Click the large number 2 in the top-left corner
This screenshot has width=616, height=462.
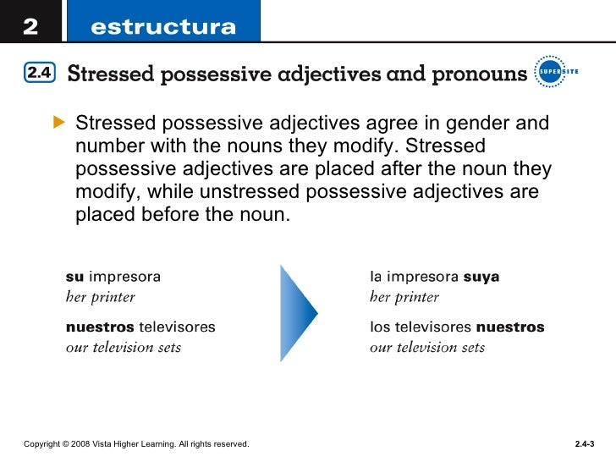pos(30,26)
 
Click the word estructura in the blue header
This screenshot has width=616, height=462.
pos(163,27)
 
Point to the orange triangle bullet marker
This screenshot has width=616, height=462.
pos(58,124)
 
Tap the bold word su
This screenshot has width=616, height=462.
pos(74,276)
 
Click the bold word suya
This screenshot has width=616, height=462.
pos(482,276)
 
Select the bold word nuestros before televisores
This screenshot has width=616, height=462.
pos(100,327)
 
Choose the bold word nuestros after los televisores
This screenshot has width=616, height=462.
pos(510,327)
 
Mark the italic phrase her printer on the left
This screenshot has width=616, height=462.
pos(101,297)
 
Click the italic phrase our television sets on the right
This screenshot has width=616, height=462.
pos(427,348)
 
